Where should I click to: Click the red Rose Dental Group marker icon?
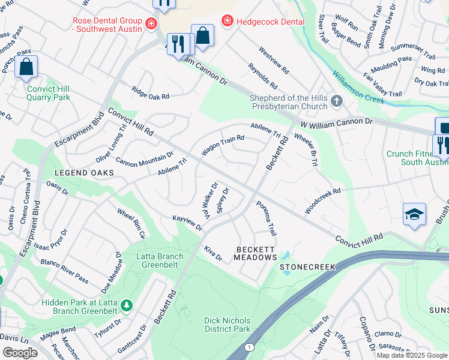coord(152,25)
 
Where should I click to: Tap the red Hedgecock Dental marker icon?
coord(227,22)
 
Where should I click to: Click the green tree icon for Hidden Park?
coord(126,306)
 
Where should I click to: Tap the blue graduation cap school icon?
coord(415,215)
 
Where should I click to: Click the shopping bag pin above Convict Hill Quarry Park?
coord(26,67)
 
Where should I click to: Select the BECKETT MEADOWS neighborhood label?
coord(255,253)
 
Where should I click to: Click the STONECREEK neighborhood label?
coord(305,264)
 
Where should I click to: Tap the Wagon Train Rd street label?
coord(223,146)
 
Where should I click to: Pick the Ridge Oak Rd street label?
coord(151,92)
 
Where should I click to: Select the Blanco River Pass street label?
coord(64,268)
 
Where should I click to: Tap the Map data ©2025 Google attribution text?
coord(412,355)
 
